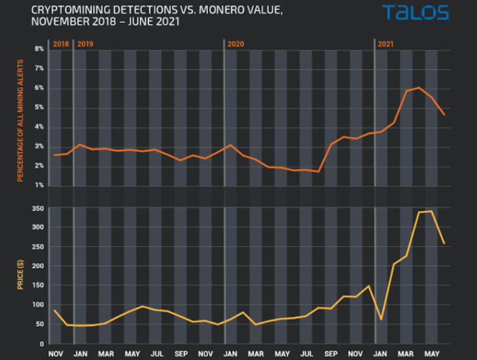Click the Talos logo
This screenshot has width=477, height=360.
[415, 13]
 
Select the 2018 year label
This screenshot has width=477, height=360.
[60, 44]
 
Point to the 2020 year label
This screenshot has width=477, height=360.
[236, 44]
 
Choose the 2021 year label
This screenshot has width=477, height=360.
[386, 44]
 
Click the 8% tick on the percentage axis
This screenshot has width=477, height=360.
[39, 49]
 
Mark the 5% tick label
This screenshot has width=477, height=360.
[39, 108]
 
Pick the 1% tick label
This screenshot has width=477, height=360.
[39, 185]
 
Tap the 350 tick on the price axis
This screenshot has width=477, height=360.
[37, 208]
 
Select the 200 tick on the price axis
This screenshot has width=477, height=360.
[37, 266]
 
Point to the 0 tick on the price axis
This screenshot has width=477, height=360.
[42, 344]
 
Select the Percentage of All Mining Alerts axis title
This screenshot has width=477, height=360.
[20, 121]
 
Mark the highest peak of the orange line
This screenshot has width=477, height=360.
[419, 88]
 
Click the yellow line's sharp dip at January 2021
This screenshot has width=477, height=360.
[381, 319]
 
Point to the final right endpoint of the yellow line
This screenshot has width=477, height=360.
[444, 244]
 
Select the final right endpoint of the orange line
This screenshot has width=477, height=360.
[444, 115]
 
